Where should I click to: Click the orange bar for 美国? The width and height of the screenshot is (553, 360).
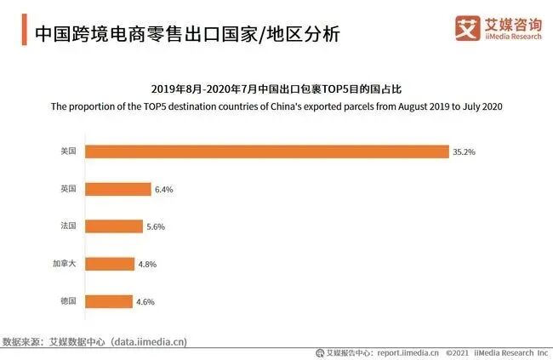pyautogui.click(x=267, y=151)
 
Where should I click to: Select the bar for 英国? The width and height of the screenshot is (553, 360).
pyautogui.click(x=118, y=189)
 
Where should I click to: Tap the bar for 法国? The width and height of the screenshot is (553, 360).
pyautogui.click(x=114, y=226)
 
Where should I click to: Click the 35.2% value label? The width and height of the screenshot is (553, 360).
pyautogui.click(x=465, y=152)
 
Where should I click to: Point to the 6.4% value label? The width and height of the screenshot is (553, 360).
pyautogui.click(x=163, y=190)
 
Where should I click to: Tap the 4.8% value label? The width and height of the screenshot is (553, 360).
pyautogui.click(x=148, y=265)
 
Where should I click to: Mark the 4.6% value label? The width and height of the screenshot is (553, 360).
pyautogui.click(x=146, y=302)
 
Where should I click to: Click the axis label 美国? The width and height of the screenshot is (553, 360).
pyautogui.click(x=68, y=151)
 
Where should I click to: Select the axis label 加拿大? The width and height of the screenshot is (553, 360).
pyautogui.click(x=64, y=264)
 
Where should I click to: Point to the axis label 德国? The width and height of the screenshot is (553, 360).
pyautogui.click(x=68, y=301)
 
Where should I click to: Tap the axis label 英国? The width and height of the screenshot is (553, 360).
pyautogui.click(x=68, y=189)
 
